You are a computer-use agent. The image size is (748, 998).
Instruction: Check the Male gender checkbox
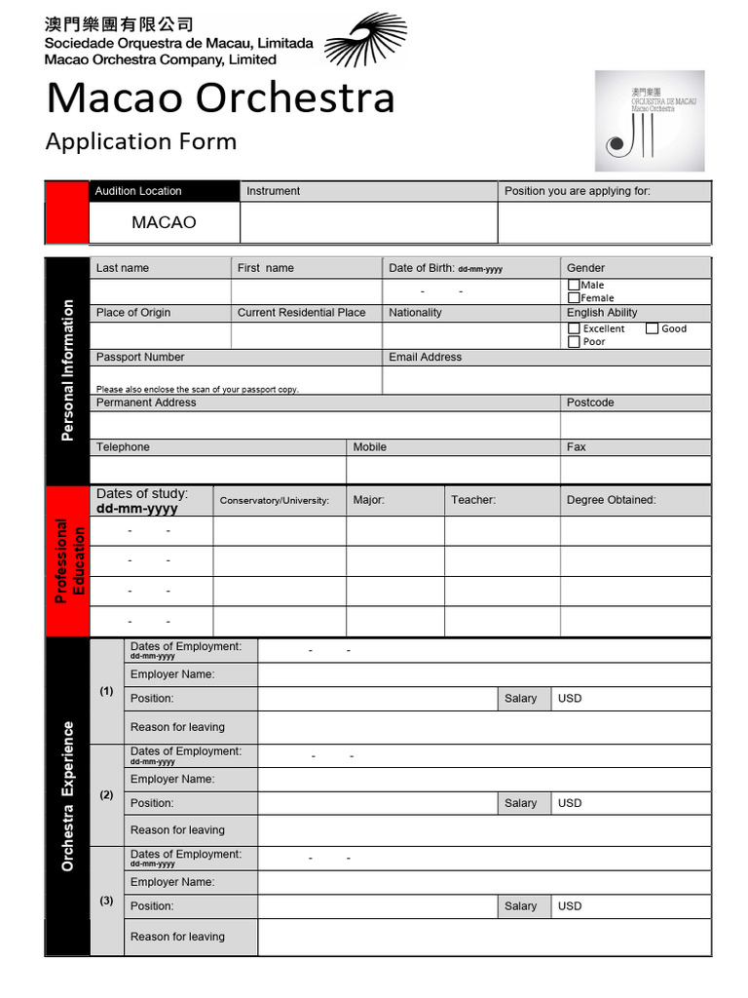[x=574, y=285]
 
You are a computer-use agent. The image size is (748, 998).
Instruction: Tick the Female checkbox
[x=574, y=297]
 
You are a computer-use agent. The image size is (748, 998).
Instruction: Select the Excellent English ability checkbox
[x=574, y=328]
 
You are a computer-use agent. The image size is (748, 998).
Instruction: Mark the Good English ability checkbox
[x=652, y=328]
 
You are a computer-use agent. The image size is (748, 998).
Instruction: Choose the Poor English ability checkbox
[x=574, y=342]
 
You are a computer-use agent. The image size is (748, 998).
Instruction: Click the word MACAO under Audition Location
[x=164, y=222]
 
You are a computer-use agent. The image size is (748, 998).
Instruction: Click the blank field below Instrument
[x=368, y=223]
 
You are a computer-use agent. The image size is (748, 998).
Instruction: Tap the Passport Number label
[x=140, y=358]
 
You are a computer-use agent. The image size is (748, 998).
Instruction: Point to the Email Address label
[x=425, y=358]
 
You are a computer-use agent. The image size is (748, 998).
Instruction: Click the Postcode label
[x=590, y=403]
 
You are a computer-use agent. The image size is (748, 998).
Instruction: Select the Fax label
[x=576, y=447]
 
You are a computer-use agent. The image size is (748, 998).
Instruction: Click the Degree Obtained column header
[x=611, y=500]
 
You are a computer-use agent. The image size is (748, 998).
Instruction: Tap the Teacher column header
[x=473, y=500]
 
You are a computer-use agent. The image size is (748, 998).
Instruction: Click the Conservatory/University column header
[x=275, y=501]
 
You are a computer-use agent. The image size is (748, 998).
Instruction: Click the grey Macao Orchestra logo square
[x=649, y=121]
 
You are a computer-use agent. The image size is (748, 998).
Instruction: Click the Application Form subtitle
[x=141, y=141]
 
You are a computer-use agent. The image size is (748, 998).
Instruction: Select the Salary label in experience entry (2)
[x=520, y=803]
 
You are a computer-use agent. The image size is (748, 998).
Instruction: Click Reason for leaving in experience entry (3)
[x=177, y=937]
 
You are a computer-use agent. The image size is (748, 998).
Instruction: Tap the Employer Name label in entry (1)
[x=172, y=674]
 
